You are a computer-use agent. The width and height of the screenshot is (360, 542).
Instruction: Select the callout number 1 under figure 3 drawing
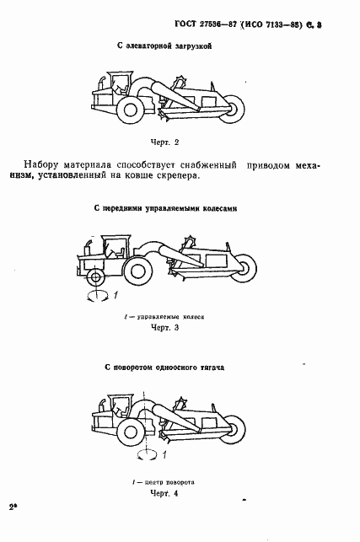(116, 293)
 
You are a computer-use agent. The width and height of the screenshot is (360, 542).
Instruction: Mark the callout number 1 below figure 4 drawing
(166, 455)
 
